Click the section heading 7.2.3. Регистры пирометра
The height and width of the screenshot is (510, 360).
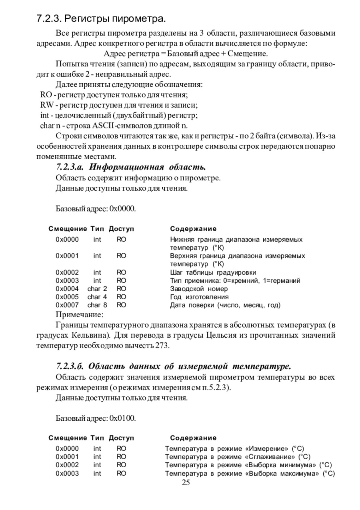pyautogui.click(x=100, y=18)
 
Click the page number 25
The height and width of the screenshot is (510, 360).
pyautogui.click(x=186, y=482)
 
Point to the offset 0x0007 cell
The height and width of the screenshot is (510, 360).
pyautogui.click(x=67, y=305)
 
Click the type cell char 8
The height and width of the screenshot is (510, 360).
pyautogui.click(x=97, y=305)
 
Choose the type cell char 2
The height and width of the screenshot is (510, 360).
pyautogui.click(x=97, y=288)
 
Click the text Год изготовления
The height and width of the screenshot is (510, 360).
pyautogui.click(x=199, y=297)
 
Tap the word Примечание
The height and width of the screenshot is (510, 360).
pyautogui.click(x=79, y=314)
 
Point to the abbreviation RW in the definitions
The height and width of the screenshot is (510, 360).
pyautogui.click(x=44, y=105)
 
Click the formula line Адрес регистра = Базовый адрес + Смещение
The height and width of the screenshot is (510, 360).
pyautogui.click(x=186, y=54)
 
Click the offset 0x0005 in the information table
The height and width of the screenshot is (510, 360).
pyautogui.click(x=67, y=297)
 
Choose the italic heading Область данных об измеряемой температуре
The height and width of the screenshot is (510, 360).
pyautogui.click(x=173, y=366)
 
